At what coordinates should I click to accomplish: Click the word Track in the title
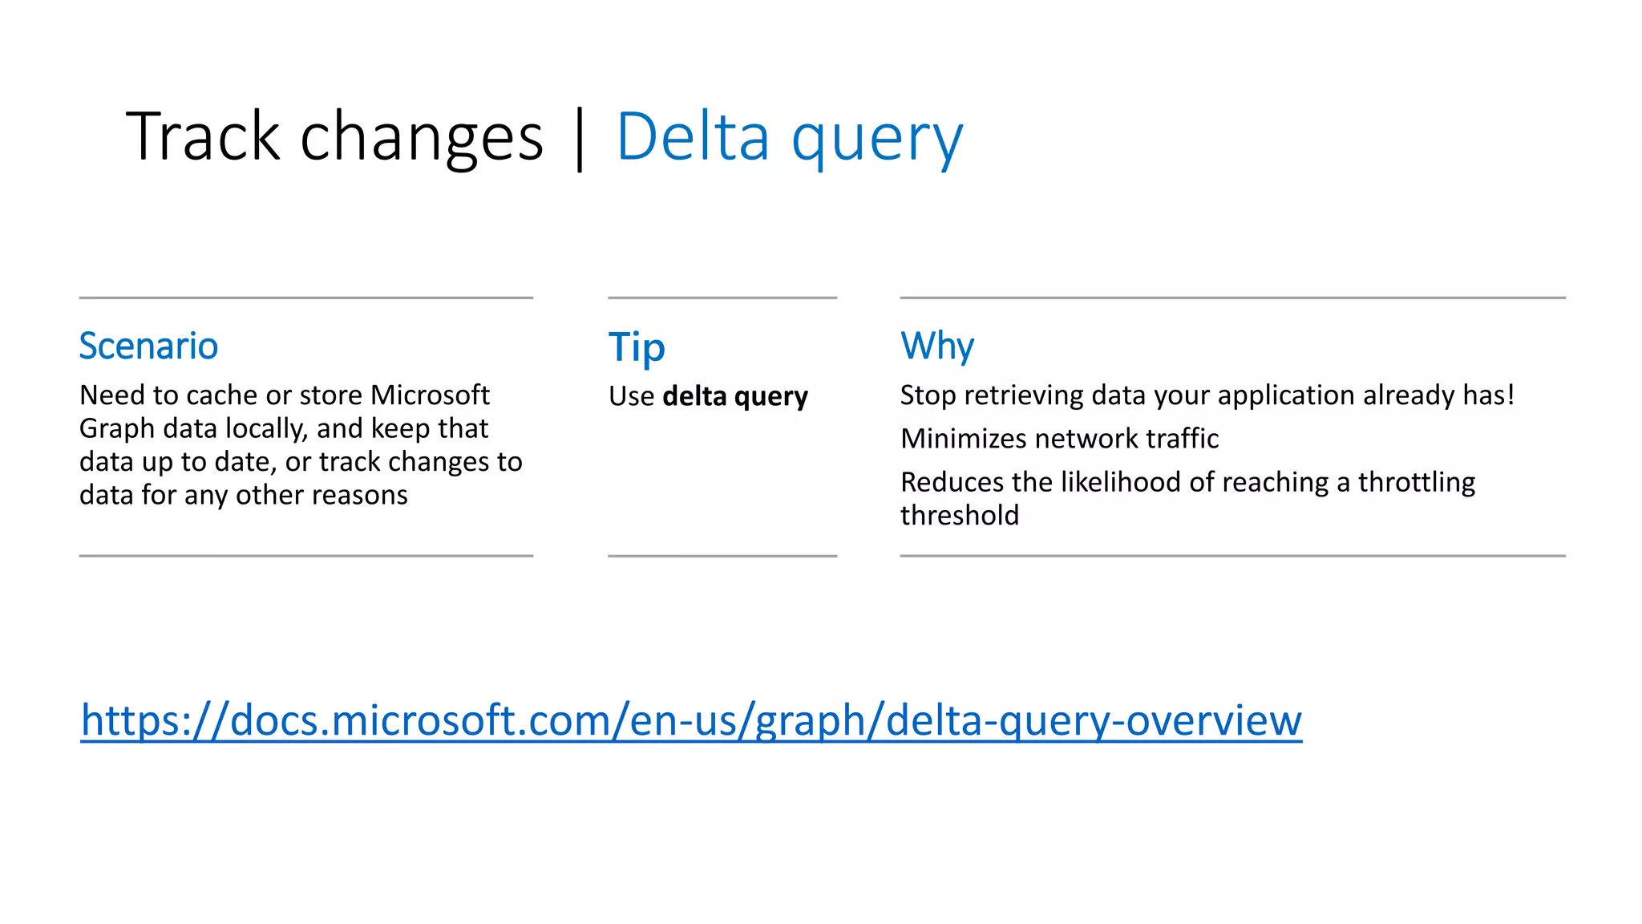202,136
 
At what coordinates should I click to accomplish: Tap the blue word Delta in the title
693,136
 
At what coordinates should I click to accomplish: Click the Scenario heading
148,346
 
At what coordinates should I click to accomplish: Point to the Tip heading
637,348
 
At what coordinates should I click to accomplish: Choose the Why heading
936,346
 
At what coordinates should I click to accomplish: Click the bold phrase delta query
735,396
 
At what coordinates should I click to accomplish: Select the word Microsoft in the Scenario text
430,395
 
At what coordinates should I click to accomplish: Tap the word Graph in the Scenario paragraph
117,428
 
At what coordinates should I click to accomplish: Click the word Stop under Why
928,395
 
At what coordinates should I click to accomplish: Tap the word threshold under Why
960,515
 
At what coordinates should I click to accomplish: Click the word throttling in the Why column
1416,482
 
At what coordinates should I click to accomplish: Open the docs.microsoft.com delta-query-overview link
691,719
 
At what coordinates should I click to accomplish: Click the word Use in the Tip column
631,396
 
